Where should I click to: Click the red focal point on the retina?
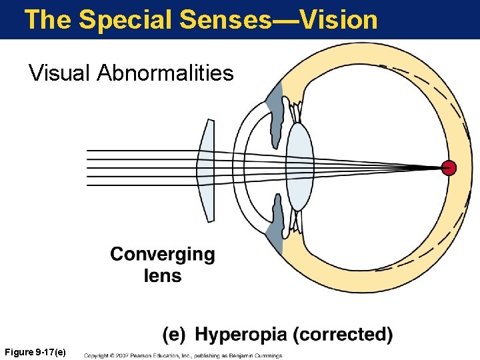tap(449, 167)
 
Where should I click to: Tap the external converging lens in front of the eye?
tap(207, 171)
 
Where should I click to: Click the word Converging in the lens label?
tap(163, 255)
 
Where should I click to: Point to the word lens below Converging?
tap(162, 275)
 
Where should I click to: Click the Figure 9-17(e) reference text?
tap(35, 351)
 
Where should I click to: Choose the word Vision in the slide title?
tap(339, 20)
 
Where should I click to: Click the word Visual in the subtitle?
tap(59, 72)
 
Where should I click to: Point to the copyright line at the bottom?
tap(183, 355)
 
